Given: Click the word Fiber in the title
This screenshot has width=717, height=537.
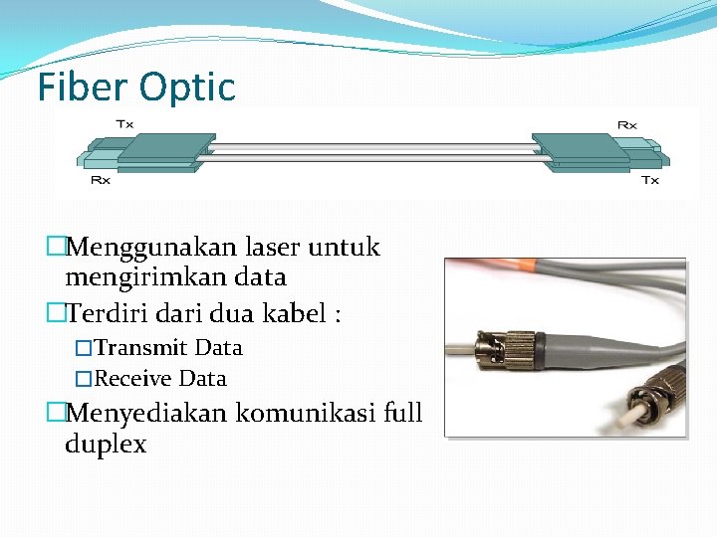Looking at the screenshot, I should pyautogui.click(x=83, y=88).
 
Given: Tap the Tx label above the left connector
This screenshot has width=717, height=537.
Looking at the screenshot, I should pyautogui.click(x=125, y=124).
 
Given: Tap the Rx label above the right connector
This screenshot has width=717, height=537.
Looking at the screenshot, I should pyautogui.click(x=627, y=124).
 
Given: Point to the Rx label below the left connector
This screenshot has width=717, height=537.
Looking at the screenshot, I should pyautogui.click(x=101, y=180).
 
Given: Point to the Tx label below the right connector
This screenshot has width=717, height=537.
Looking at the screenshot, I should pyautogui.click(x=649, y=180).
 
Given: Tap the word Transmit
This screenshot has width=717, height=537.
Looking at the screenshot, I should pyautogui.click(x=140, y=348).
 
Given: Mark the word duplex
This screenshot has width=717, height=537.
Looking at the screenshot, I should pyautogui.click(x=106, y=444).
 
